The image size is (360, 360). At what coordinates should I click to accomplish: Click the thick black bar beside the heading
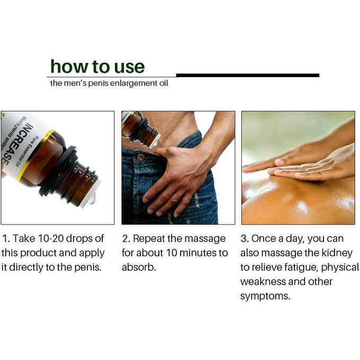pyautogui.click(x=248, y=75)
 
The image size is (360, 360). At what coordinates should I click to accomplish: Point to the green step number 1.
pyautogui.click(x=5, y=239)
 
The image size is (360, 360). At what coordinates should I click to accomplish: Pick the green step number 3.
pyautogui.click(x=245, y=239)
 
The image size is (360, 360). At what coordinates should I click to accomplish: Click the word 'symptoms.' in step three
pyautogui.click(x=265, y=296)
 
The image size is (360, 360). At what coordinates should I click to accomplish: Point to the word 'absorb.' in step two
pyautogui.click(x=139, y=267)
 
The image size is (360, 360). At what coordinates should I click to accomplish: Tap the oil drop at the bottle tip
pyautogui.click(x=92, y=199)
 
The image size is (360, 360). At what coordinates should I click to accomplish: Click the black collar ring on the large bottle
pyautogui.click(x=57, y=170)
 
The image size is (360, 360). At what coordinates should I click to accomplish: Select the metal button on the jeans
pyautogui.click(x=140, y=158)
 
